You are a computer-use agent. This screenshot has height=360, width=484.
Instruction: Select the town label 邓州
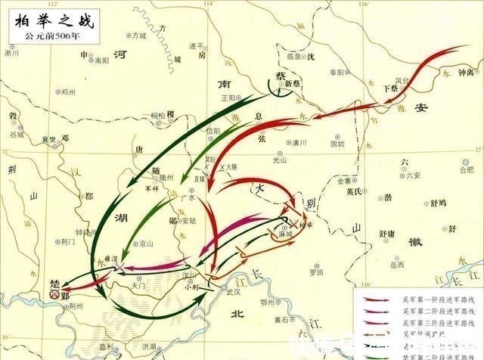(69, 91)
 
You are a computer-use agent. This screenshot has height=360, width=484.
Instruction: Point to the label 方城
(137, 36)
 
